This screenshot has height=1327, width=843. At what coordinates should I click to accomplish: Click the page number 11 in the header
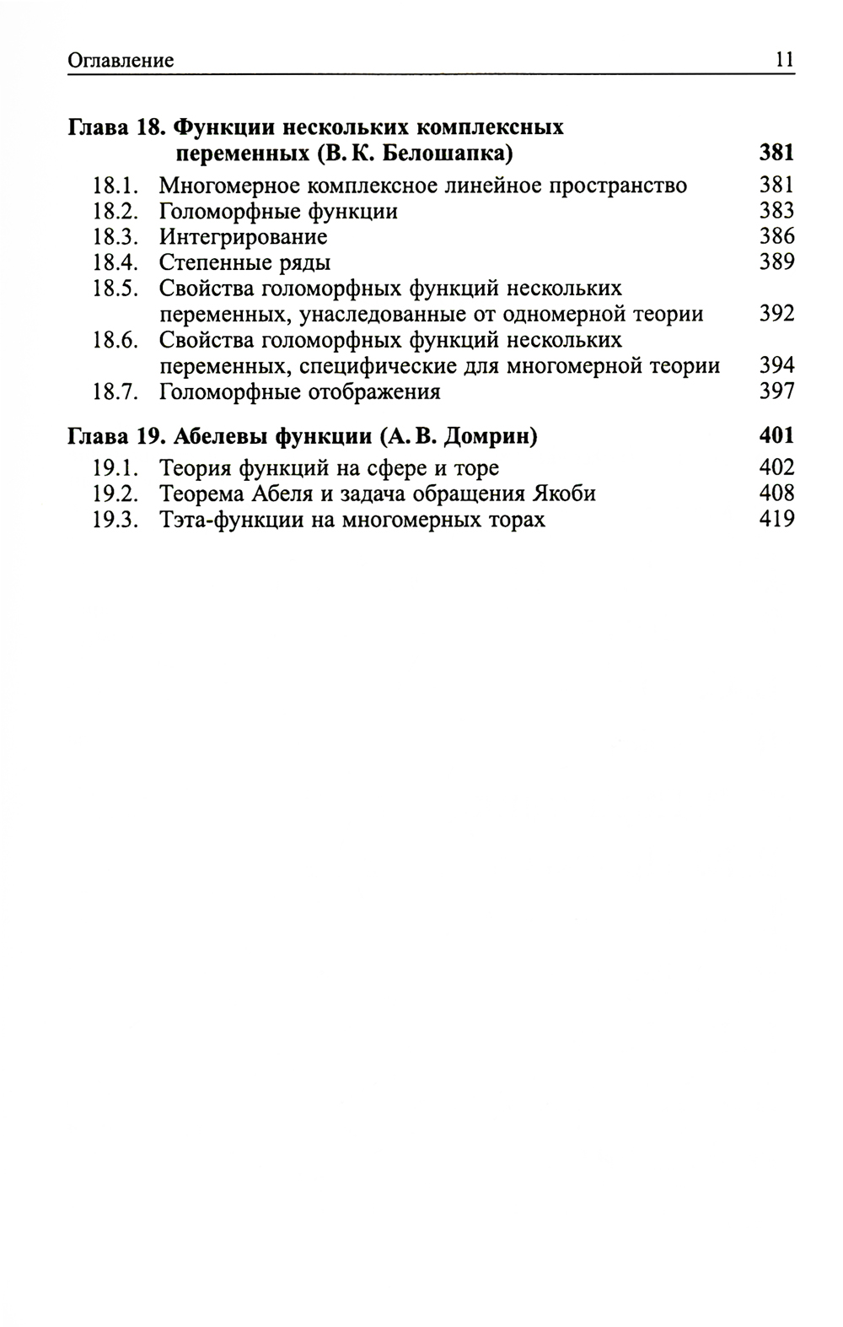point(784,60)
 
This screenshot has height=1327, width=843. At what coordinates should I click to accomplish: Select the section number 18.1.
point(115,185)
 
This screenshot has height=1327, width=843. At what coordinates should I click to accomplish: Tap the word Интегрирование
point(243,237)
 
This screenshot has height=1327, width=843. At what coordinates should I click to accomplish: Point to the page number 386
point(776,237)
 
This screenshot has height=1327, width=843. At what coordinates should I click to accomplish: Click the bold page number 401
point(776,436)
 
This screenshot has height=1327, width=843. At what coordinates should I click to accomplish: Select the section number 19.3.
point(115,520)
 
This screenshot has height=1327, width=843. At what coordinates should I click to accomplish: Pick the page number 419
point(776,520)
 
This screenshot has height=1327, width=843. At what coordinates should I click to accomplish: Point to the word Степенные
point(215,263)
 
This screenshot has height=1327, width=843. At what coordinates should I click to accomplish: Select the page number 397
point(776,392)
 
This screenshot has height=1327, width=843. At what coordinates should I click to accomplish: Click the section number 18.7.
point(115,392)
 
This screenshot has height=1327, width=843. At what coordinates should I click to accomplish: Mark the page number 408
point(776,494)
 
